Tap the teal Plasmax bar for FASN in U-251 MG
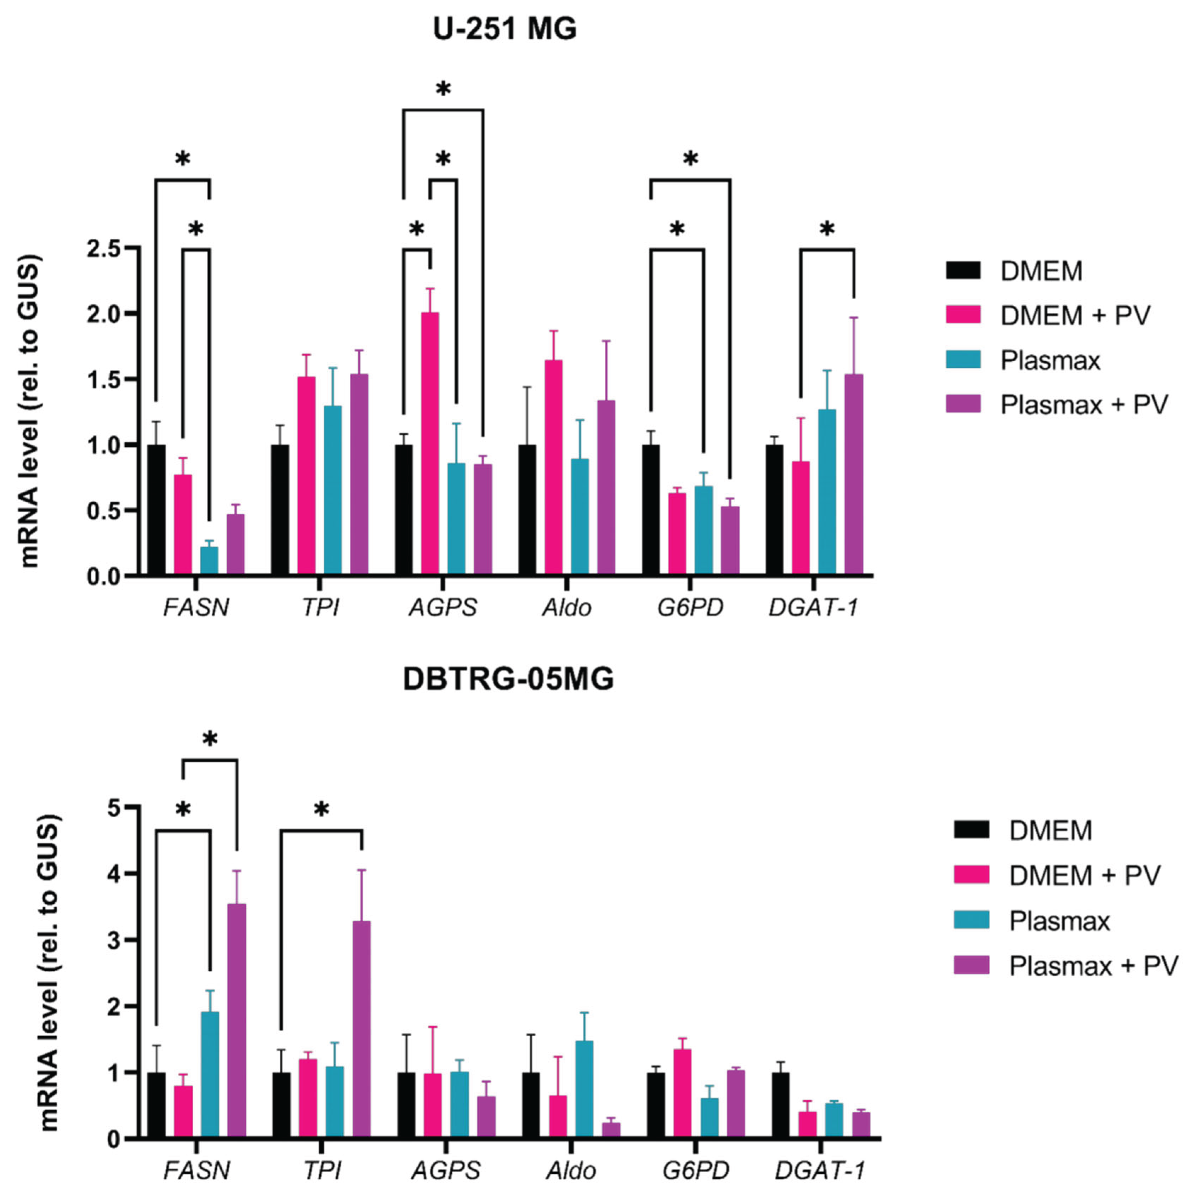click(209, 560)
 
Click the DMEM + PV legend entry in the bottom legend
click(1084, 875)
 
